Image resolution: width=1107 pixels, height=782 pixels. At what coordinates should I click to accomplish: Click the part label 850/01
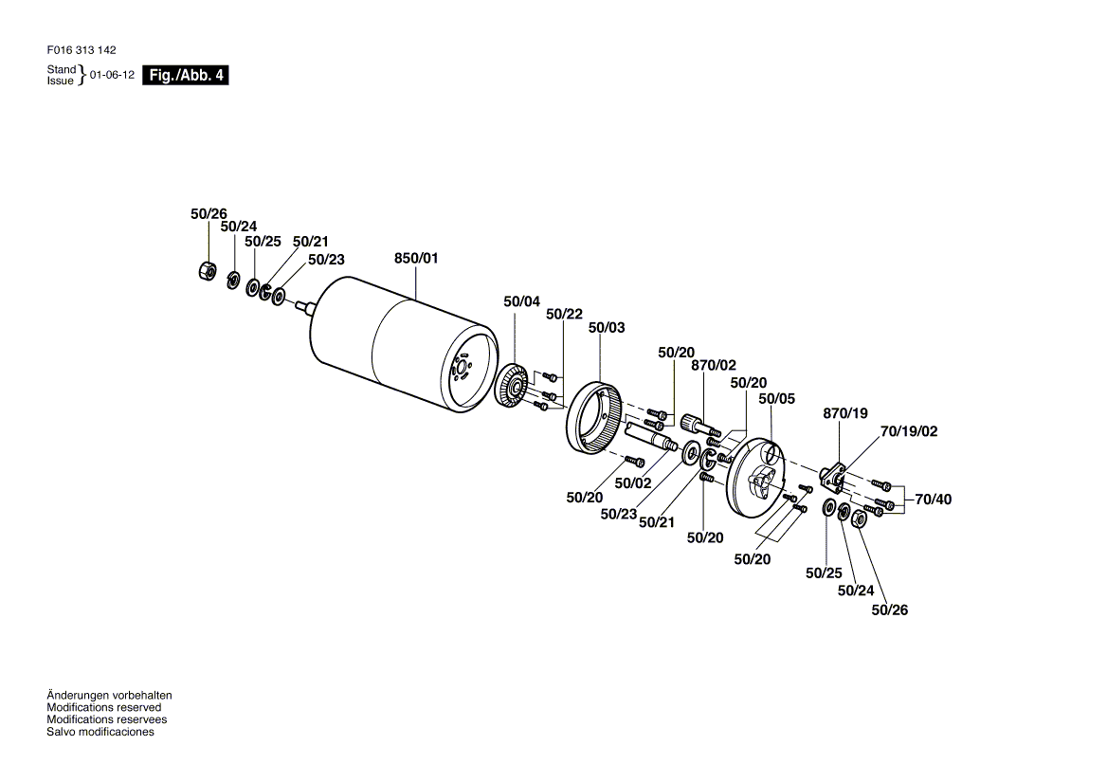[416, 259]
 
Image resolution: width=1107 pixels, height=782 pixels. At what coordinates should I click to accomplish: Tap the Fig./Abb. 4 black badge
[186, 75]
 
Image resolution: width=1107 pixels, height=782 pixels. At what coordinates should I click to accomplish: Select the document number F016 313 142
[82, 50]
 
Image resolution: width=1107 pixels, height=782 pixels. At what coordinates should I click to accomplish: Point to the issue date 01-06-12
[112, 75]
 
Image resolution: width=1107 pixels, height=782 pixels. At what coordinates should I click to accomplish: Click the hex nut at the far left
[208, 269]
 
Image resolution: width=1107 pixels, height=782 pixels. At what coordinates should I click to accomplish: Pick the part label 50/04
[521, 302]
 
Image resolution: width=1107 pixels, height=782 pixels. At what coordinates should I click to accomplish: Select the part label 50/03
[607, 327]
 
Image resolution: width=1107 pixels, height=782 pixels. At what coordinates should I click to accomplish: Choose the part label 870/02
[713, 366]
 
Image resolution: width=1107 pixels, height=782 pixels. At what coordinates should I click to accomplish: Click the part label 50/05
[776, 399]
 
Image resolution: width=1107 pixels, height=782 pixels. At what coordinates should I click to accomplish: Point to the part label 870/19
[845, 413]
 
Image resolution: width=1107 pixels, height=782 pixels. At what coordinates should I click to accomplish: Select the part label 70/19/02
[909, 431]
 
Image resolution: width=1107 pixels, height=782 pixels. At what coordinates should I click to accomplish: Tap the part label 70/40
[934, 500]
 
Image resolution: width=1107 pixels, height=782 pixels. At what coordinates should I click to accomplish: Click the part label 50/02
[632, 483]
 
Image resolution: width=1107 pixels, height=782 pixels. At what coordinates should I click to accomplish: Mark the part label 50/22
[564, 314]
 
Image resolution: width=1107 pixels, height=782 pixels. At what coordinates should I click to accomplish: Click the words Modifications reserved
[104, 708]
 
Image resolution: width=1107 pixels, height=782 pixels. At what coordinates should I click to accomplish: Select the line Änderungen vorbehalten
[109, 696]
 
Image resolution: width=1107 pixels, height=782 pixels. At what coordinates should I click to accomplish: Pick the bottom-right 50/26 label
[890, 610]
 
